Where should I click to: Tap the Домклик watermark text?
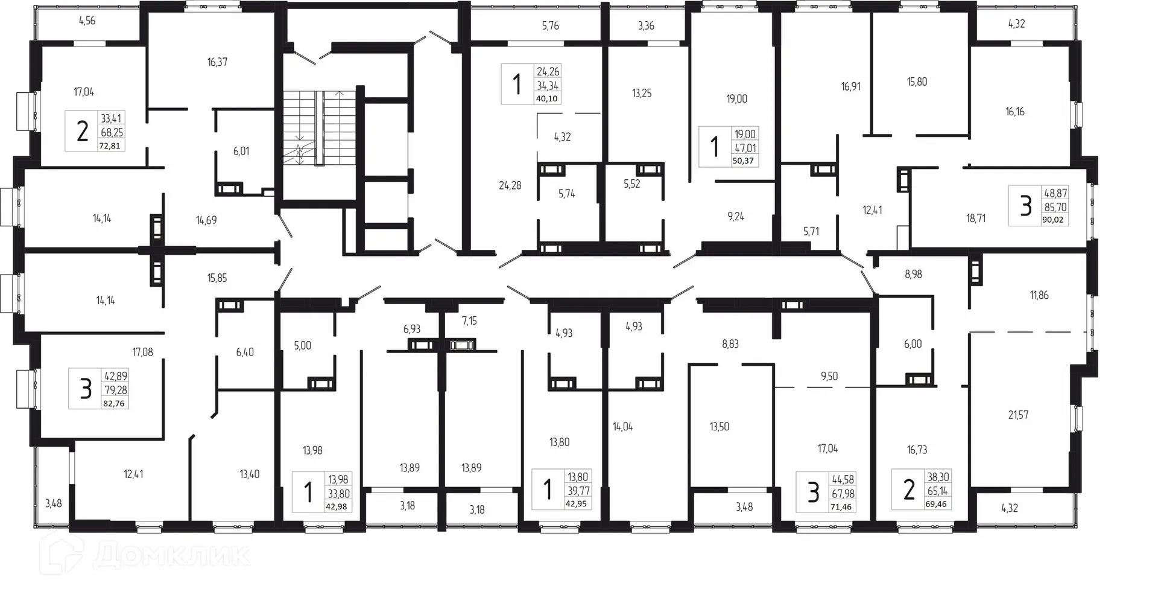tap(172, 555)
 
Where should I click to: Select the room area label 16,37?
tap(217, 62)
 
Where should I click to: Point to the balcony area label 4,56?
tap(87, 21)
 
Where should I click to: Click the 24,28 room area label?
tap(510, 186)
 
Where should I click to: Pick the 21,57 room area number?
tap(1018, 415)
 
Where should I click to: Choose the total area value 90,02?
tap(1052, 220)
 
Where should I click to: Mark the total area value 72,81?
tap(110, 145)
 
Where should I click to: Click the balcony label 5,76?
tap(550, 26)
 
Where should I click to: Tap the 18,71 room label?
tap(976, 218)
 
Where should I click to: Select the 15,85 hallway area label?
tap(217, 278)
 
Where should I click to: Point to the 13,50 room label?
tap(719, 427)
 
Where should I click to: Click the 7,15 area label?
tap(469, 321)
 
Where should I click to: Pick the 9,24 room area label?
tap(736, 217)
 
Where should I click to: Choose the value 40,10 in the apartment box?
tap(546, 98)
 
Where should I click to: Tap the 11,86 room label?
tap(1039, 295)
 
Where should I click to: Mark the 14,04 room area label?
tap(622, 427)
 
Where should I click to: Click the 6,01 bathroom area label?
tap(241, 151)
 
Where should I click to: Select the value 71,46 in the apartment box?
tap(841, 507)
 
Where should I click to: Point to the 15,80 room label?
tap(917, 82)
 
